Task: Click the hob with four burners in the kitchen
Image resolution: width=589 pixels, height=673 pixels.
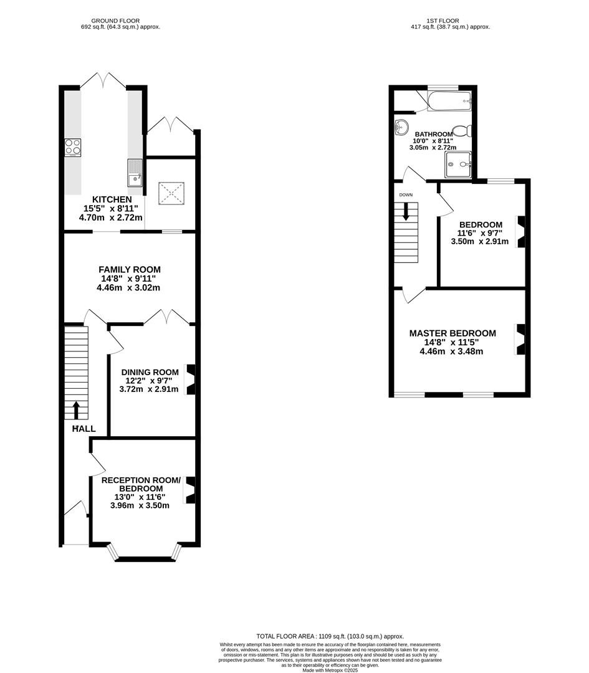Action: tap(72, 146)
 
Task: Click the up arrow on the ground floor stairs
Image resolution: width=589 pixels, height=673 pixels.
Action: tap(77, 409)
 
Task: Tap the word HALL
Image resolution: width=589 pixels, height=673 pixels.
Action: tap(84, 429)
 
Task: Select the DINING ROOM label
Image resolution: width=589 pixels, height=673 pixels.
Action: tap(149, 372)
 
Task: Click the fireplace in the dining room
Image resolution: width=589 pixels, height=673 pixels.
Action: tap(191, 379)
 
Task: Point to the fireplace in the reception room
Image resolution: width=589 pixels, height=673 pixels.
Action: tap(191, 490)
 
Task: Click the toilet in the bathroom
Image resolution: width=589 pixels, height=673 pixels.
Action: tap(462, 131)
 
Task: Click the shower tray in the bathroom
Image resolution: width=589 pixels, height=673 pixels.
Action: tap(458, 165)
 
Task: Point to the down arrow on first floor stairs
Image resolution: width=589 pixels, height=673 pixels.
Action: tap(406, 212)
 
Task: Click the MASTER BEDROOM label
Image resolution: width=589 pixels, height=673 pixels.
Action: tap(453, 333)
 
